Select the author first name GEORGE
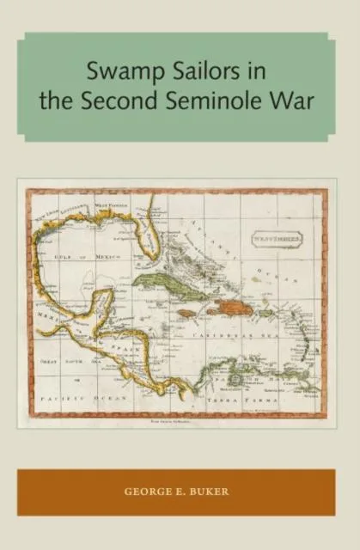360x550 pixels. tap(143, 492)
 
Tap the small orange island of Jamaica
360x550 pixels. tap(184, 315)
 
